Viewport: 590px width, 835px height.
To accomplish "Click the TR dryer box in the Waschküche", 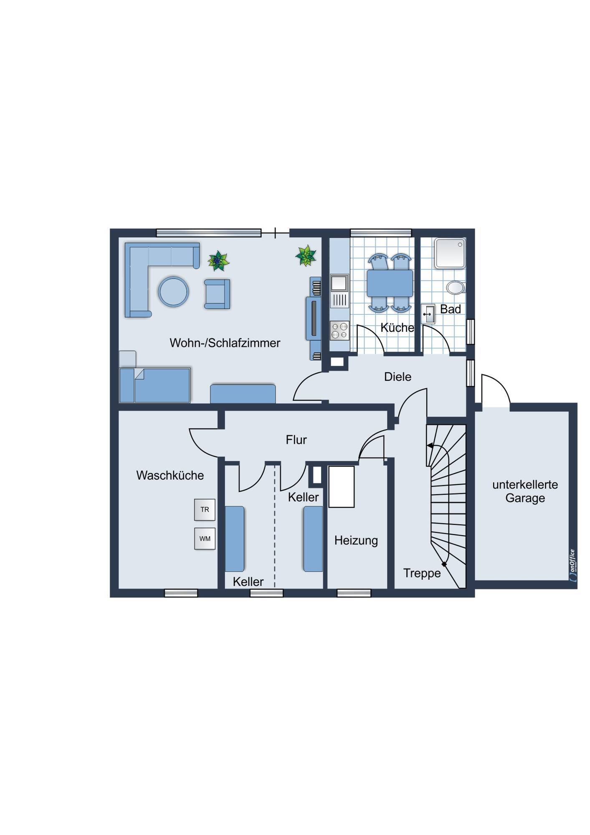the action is point(205,509).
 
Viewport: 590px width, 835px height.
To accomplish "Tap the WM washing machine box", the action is point(205,539).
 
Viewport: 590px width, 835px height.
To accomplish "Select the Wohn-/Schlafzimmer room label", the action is point(225,343).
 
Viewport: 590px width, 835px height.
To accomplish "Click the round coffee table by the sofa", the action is point(173,291).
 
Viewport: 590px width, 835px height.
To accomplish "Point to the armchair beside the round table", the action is point(217,294).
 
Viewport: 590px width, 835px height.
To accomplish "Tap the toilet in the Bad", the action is point(456,287).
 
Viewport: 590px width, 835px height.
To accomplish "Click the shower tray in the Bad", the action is point(450,253).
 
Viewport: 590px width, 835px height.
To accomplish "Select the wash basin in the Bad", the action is point(428,314).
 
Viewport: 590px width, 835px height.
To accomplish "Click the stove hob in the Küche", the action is point(339,330).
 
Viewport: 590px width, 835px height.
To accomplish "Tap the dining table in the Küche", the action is point(390,283).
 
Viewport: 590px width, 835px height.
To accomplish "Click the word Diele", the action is point(398,377).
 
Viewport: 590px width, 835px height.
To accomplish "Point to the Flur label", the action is point(296,440).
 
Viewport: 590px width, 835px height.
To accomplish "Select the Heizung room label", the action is point(356,541).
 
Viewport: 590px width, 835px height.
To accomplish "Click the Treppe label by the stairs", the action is point(422,574).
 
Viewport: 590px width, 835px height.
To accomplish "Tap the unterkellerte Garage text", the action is point(525,491).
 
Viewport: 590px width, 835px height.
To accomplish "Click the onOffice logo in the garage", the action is point(572,565).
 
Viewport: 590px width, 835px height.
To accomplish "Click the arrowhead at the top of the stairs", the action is point(429,446).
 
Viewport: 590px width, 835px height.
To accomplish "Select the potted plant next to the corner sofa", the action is point(218,261).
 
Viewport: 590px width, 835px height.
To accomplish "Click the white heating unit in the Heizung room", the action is point(341,487).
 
